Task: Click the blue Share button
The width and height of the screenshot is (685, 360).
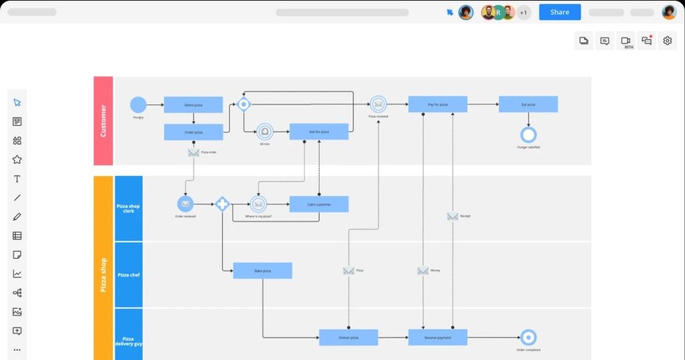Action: (x=559, y=12)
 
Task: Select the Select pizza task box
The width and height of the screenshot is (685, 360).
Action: (x=193, y=104)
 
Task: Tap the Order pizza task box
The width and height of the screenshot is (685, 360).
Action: (x=193, y=132)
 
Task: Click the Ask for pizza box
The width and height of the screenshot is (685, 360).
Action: (x=318, y=132)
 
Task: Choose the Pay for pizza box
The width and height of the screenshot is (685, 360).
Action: (x=437, y=104)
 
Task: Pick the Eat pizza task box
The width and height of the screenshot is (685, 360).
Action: (x=528, y=104)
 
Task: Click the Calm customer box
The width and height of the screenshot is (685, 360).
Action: (x=318, y=204)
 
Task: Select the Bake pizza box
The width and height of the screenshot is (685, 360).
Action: (x=262, y=270)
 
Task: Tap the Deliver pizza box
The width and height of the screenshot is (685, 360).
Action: (x=348, y=337)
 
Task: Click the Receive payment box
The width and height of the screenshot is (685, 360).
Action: (x=437, y=337)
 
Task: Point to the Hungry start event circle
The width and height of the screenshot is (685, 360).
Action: (x=138, y=104)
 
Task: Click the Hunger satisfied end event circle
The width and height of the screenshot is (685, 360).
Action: (x=528, y=135)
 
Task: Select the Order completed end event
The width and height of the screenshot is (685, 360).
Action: (x=528, y=337)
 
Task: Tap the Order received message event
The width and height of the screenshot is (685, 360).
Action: (x=185, y=204)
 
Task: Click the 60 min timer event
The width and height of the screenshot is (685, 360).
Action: (x=265, y=131)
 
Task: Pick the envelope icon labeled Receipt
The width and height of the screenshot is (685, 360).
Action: (x=453, y=216)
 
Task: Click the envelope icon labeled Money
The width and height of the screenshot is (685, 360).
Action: (x=423, y=271)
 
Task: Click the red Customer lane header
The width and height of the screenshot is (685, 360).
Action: (x=103, y=120)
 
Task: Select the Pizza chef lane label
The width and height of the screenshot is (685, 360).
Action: (x=128, y=275)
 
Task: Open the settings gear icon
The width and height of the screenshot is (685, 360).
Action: (x=667, y=41)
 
